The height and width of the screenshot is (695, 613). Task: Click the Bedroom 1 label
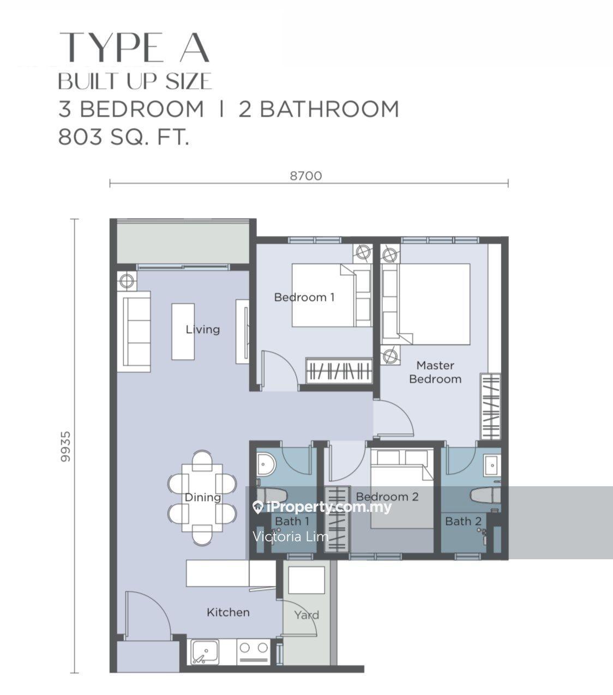(x=304, y=297)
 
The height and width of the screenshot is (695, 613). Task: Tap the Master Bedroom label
(x=435, y=372)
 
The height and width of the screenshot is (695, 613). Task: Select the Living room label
(x=202, y=329)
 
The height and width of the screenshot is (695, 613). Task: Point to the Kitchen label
(x=228, y=612)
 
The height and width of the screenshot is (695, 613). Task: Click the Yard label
(x=306, y=615)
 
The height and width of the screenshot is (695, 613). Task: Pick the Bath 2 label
(x=464, y=522)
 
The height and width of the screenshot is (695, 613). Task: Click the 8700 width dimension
(x=306, y=176)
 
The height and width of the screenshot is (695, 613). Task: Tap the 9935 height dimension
(x=65, y=446)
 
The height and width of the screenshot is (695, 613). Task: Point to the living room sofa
(x=134, y=332)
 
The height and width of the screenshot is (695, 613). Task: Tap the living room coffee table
(x=183, y=331)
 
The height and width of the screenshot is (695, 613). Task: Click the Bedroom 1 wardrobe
(x=339, y=371)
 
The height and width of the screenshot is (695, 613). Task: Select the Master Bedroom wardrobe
(x=490, y=407)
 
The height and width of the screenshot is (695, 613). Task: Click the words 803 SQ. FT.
(x=124, y=137)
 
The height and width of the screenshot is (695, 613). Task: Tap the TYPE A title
(x=134, y=47)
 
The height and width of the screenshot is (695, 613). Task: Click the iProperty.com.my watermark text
(x=328, y=507)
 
